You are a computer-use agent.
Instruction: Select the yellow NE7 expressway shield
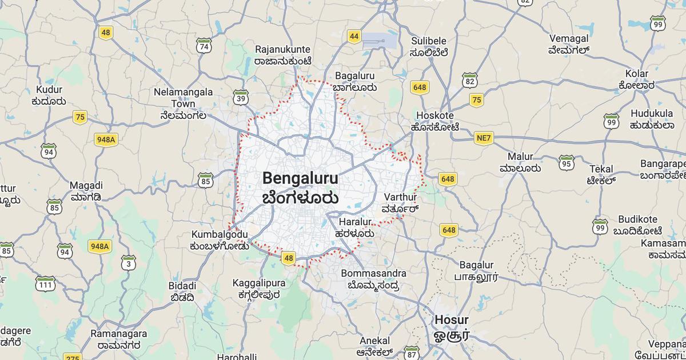click(484, 138)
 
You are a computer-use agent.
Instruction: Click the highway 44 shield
click(354, 37)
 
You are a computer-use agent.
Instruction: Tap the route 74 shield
click(203, 46)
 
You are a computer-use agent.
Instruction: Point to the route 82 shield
click(470, 81)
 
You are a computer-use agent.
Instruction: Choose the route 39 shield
click(241, 98)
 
